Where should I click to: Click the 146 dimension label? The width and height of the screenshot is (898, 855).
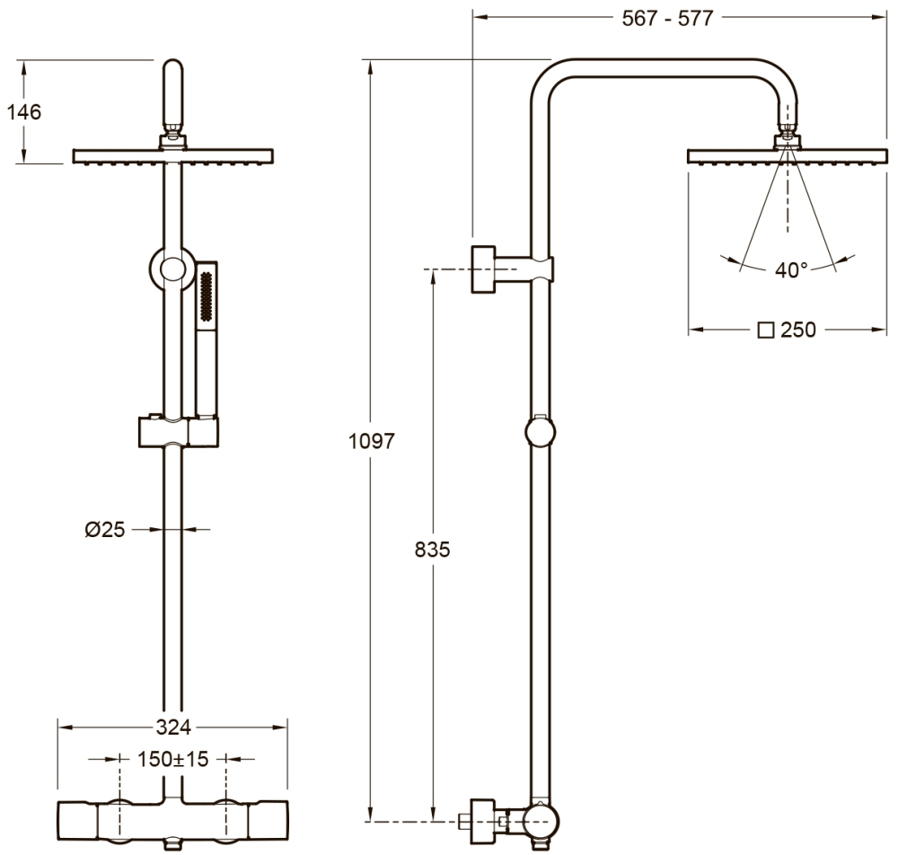point(24,111)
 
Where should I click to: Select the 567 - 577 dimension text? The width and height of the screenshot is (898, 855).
point(668,18)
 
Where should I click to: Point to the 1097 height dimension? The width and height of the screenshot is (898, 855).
point(372,441)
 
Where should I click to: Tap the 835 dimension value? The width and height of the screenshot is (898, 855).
point(433,550)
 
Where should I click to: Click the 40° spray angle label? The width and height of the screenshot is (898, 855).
point(791,269)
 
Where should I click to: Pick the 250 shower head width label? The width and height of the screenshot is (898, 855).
point(798,330)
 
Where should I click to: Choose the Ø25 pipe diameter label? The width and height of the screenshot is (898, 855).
point(105,530)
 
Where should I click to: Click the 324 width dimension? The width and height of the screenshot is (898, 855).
point(173,727)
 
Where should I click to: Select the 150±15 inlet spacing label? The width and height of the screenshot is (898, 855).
point(173,760)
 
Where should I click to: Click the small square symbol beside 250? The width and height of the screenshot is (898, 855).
point(766,331)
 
